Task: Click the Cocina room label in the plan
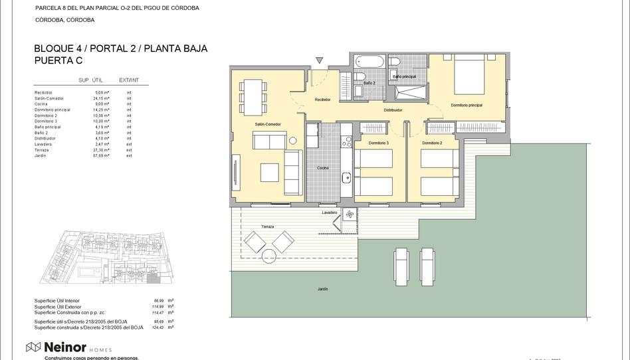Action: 323,168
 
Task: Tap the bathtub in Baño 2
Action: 370,62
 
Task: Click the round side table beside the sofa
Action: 292,140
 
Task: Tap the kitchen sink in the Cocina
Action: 346,177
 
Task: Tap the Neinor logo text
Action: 64,347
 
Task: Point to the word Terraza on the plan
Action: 267,226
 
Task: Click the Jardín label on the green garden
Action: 322,289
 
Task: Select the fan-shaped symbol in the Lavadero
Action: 350,214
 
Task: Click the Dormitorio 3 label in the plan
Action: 378,143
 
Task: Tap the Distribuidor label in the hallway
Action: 393,110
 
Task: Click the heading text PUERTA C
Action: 58,60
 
